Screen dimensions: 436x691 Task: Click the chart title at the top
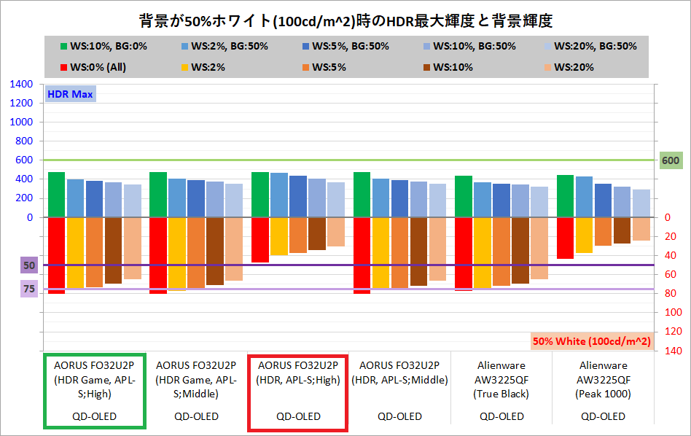pyautogui.click(x=346, y=18)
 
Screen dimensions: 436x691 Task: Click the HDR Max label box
pyautogui.click(x=70, y=93)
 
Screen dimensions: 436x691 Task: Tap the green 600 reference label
pyautogui.click(x=669, y=160)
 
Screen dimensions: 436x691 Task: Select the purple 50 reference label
pyautogui.click(x=28, y=265)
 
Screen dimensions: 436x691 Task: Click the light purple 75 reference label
pyautogui.click(x=28, y=289)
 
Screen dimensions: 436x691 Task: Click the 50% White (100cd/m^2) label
pyautogui.click(x=592, y=340)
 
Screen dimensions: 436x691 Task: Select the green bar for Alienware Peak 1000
pyautogui.click(x=566, y=195)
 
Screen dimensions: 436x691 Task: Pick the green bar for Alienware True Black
pyautogui.click(x=464, y=196)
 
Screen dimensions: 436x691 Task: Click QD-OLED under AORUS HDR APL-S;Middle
pyautogui.click(x=399, y=416)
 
